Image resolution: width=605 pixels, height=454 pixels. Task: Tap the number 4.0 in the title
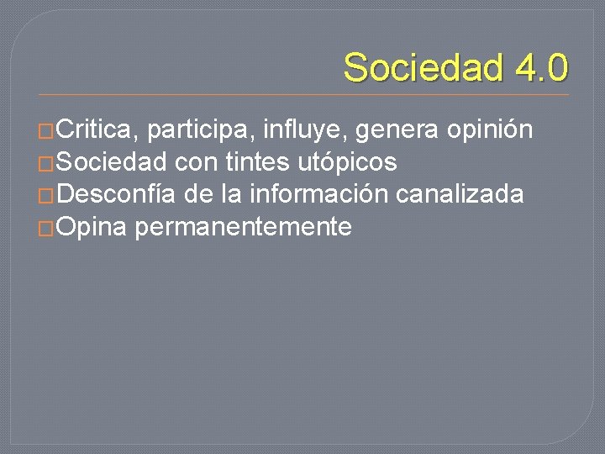pyautogui.click(x=534, y=67)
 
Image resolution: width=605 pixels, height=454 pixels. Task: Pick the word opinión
pyautogui.click(x=490, y=130)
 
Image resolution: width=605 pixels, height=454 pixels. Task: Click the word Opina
pyautogui.click(x=93, y=227)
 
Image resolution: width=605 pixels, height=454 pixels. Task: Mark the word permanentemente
pyautogui.click(x=242, y=227)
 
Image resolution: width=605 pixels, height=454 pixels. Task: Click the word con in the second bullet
pyautogui.click(x=196, y=162)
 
